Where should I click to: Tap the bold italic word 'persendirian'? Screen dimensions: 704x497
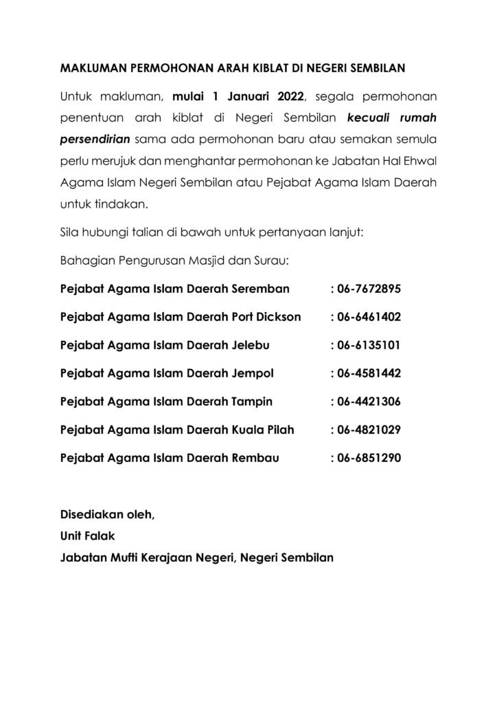click(x=96, y=140)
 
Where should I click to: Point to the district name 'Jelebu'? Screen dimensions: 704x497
click(x=253, y=345)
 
